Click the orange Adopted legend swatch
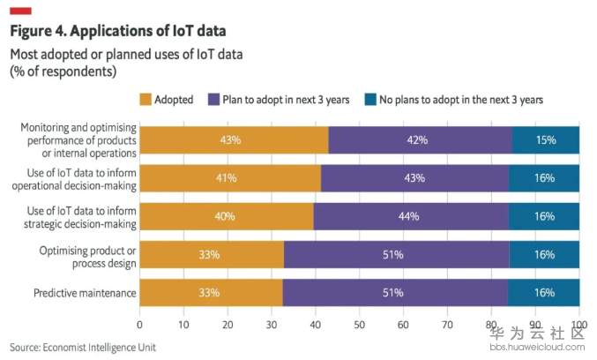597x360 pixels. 146,100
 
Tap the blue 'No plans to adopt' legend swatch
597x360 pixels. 371,100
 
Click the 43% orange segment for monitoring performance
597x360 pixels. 234,140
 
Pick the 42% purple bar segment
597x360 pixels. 420,140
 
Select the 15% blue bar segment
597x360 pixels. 546,140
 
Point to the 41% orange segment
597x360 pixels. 229,178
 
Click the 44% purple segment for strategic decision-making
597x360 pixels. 411,216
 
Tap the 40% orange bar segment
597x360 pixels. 227,216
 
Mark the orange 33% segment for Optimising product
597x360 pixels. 212,255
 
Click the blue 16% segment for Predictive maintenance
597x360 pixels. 544,292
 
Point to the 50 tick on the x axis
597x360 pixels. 360,324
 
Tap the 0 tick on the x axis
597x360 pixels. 140,324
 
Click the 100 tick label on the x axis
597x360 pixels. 578,324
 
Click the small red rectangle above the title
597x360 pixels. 19,11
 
